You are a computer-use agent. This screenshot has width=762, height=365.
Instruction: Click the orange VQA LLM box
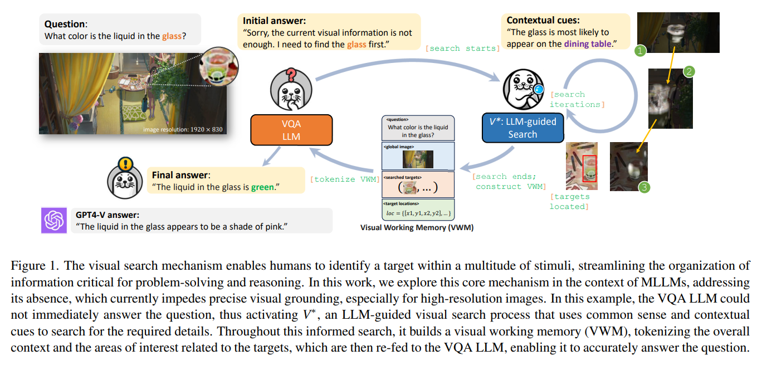(291, 130)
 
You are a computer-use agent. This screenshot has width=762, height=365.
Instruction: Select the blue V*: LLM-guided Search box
(522, 128)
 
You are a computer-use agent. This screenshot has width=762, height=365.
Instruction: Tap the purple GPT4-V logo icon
(53, 220)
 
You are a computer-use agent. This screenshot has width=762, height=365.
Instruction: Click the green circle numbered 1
(640, 51)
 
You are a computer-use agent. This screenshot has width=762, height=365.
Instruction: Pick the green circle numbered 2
(689, 71)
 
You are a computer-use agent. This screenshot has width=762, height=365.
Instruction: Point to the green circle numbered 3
(644, 187)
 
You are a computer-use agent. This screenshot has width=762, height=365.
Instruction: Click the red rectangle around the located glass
(589, 168)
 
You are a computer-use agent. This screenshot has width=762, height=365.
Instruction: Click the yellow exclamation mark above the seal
(125, 164)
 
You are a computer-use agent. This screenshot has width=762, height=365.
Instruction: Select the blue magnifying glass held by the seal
(538, 90)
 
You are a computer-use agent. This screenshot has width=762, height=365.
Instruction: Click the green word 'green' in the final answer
(262, 187)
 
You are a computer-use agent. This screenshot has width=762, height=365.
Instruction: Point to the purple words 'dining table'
(588, 44)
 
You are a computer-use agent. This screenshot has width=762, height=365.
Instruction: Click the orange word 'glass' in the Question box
(172, 36)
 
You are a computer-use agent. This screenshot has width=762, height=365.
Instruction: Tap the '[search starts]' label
(463, 48)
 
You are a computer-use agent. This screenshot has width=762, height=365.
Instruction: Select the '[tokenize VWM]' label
(345, 179)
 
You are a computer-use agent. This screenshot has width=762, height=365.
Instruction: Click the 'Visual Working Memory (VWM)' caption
(417, 227)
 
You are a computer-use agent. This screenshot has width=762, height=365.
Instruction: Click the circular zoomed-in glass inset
(218, 66)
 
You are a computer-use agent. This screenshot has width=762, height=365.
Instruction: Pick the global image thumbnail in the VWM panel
(418, 159)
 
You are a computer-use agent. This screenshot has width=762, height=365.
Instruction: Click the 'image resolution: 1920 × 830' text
(183, 130)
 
